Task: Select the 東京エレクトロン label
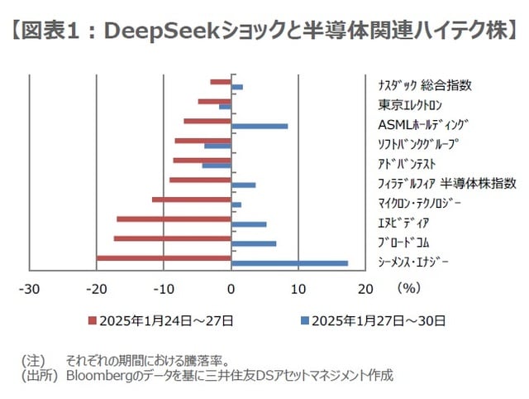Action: click(410, 105)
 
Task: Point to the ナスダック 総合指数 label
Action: click(424, 85)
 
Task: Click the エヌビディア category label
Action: click(403, 223)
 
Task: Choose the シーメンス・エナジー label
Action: click(413, 262)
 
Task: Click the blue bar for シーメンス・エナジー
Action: click(289, 263)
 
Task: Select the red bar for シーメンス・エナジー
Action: click(164, 258)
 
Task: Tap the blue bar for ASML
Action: click(260, 126)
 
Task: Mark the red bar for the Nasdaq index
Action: click(221, 82)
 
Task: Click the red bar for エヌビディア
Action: click(174, 219)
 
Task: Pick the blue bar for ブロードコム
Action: click(254, 243)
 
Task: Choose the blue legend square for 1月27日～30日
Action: click(305, 320)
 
